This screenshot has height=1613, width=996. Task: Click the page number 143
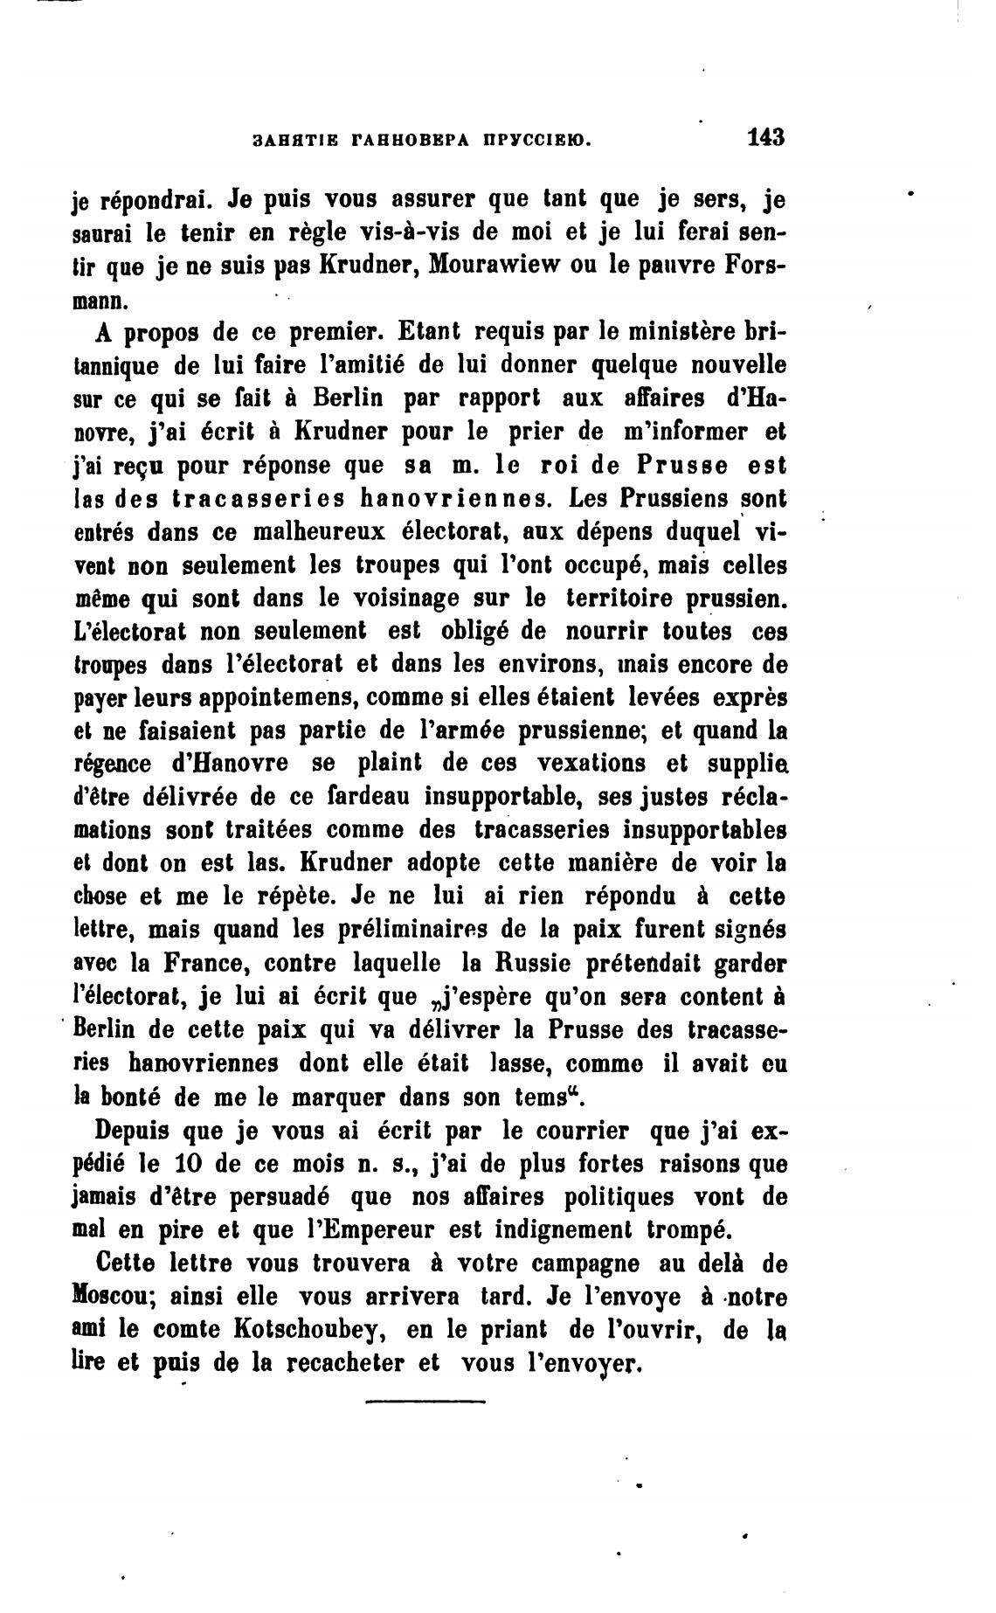tap(766, 137)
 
